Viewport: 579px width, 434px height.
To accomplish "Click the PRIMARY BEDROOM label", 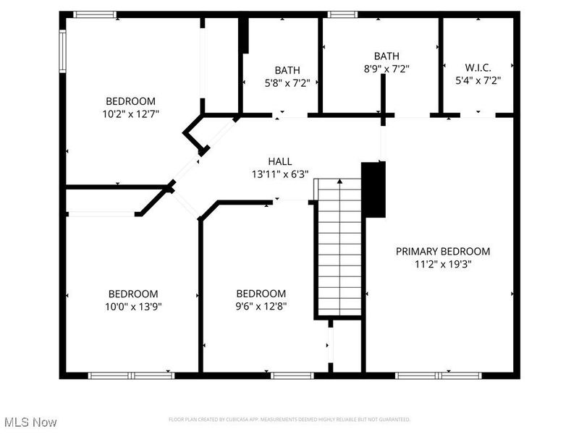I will (442, 252).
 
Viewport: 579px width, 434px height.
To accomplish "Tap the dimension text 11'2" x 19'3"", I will (442, 264).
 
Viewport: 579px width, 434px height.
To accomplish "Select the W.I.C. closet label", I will (478, 69).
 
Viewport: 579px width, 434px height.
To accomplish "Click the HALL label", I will (280, 161).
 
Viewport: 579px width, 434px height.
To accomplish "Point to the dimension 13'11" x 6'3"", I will (280, 174).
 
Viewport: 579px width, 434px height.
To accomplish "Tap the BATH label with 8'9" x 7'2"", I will (386, 56).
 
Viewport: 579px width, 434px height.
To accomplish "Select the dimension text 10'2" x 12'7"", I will (130, 114).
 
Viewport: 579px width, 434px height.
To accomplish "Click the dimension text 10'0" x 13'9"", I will (132, 306).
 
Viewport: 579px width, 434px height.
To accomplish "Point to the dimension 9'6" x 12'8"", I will (261, 306).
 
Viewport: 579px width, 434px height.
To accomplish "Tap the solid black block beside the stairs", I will (373, 190).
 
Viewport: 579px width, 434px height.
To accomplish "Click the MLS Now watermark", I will (30, 422).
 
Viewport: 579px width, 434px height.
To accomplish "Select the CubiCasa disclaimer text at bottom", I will (289, 420).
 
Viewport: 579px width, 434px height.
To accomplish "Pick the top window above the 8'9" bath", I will (342, 14).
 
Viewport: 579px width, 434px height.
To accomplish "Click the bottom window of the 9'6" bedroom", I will (292, 375).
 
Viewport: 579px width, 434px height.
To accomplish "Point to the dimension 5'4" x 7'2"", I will (478, 81).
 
